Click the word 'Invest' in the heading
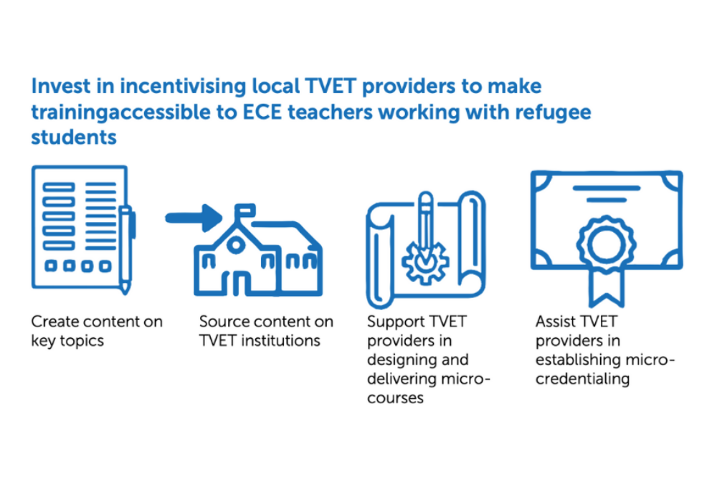[x=61, y=86]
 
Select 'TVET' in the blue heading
[x=330, y=86]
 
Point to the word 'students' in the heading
[x=74, y=137]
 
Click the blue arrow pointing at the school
[x=194, y=218]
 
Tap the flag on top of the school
[x=244, y=211]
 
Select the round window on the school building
[x=236, y=245]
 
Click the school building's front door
[x=236, y=284]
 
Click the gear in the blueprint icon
[x=425, y=263]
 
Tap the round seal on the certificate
[x=606, y=244]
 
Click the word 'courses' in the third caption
[x=395, y=398]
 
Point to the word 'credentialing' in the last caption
[x=582, y=379]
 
